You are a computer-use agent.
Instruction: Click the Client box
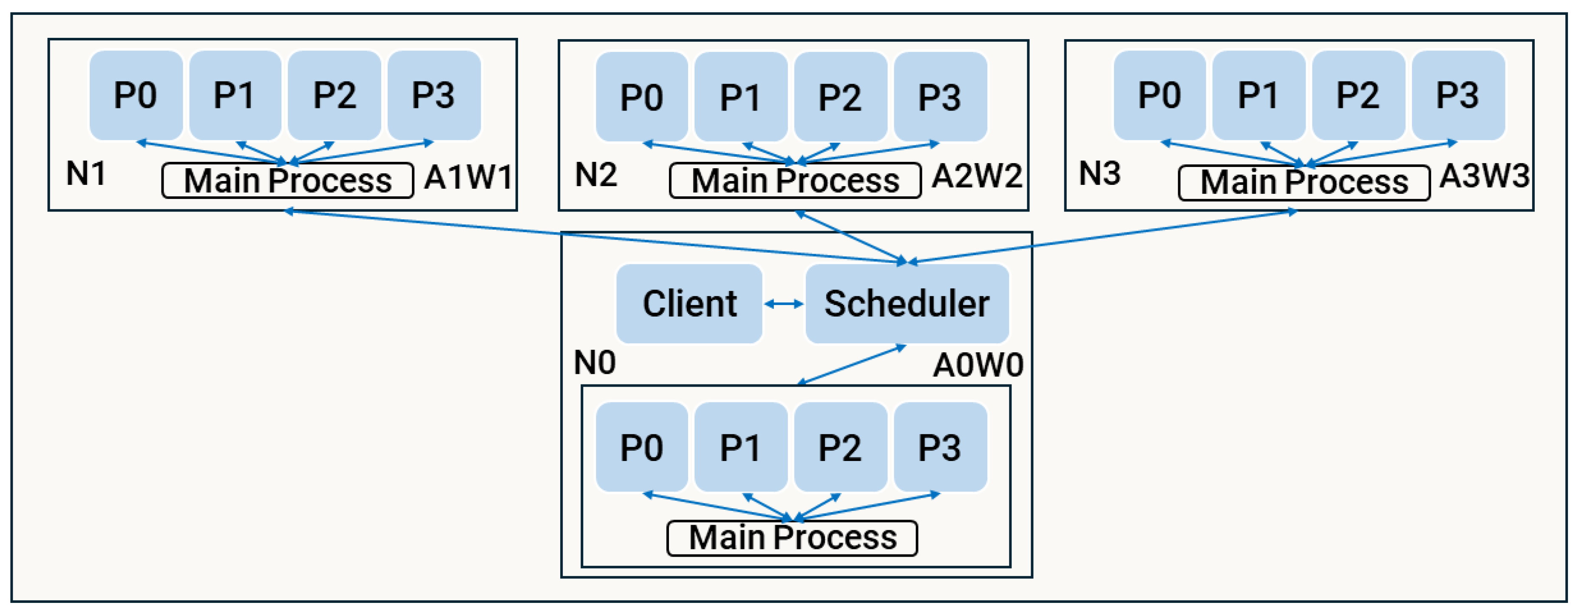[689, 303]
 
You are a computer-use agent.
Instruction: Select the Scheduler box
[907, 303]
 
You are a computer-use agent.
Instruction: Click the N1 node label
[85, 173]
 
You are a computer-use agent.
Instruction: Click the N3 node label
[1099, 173]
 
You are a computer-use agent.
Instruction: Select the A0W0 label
[978, 365]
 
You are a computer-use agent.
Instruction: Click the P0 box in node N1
[136, 95]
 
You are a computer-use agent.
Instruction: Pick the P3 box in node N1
[434, 95]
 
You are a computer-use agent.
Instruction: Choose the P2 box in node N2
[840, 97]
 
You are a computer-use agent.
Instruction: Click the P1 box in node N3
[1258, 95]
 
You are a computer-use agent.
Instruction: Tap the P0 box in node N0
[642, 447]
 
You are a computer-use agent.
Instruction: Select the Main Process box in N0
[792, 538]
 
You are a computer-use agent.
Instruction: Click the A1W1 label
[468, 178]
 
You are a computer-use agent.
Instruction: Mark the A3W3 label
[1484, 176]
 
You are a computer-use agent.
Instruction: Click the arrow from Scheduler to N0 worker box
[852, 365]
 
